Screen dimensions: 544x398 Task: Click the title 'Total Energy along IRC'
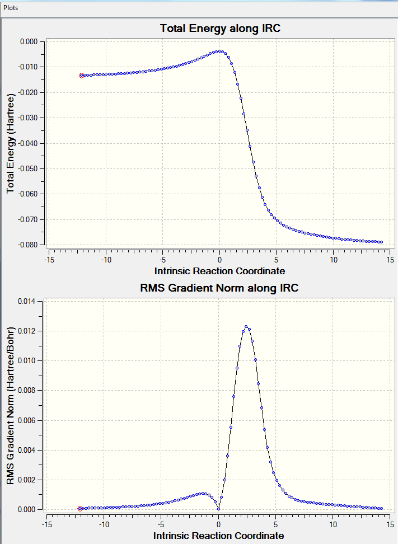click(x=220, y=28)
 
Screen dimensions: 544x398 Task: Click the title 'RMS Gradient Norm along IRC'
click(x=220, y=288)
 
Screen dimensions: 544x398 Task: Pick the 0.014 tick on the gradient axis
click(x=27, y=301)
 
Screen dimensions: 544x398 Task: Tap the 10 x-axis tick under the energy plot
click(x=333, y=260)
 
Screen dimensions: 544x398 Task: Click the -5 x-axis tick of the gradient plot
click(x=162, y=524)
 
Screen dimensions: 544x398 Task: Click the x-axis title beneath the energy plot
click(x=220, y=271)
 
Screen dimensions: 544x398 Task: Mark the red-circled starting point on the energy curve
click(x=82, y=75)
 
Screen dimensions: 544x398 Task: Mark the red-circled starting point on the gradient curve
click(x=80, y=509)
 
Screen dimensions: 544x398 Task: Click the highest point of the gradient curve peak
click(x=246, y=327)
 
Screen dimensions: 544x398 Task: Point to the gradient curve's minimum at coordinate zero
click(x=218, y=509)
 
